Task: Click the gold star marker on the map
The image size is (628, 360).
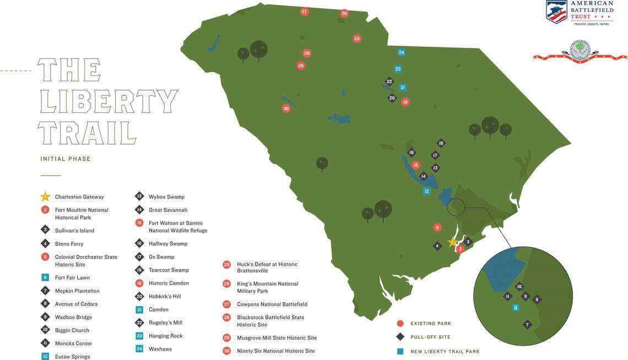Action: click(x=453, y=242)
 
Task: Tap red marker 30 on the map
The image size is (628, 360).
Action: click(x=286, y=108)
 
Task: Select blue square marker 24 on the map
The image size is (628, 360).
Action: click(x=402, y=52)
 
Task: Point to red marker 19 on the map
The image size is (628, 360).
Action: click(x=405, y=102)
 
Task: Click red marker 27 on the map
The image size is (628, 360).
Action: click(x=304, y=12)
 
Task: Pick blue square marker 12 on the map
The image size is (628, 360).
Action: click(x=426, y=191)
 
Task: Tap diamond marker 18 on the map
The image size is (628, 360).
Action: click(x=441, y=143)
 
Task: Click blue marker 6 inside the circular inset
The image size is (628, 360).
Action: click(x=516, y=308)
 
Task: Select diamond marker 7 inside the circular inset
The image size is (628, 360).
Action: click(x=527, y=325)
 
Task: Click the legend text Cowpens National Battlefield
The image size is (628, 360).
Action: click(x=272, y=304)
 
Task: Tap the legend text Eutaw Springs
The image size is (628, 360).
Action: click(x=72, y=357)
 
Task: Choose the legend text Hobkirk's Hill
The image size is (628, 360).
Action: click(x=165, y=296)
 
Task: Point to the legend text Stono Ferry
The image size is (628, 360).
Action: click(x=69, y=244)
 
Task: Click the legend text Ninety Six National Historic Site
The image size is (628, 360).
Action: click(x=275, y=351)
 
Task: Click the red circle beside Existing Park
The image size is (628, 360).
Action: click(x=400, y=324)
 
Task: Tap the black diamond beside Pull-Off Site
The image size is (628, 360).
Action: click(x=400, y=337)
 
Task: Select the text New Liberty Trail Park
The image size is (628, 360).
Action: click(x=445, y=352)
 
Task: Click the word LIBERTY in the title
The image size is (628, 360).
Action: click(x=108, y=102)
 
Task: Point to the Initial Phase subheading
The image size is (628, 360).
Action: click(x=65, y=159)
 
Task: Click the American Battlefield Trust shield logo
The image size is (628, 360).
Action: click(x=556, y=12)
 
